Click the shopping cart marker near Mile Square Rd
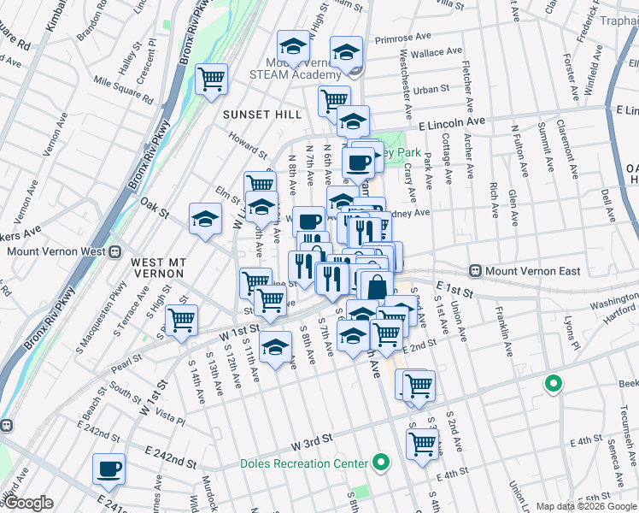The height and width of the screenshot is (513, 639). [x=210, y=80]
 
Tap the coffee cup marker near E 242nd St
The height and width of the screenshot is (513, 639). [x=109, y=469]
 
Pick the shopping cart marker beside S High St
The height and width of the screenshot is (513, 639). [x=181, y=321]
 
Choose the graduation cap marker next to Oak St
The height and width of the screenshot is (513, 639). [x=205, y=220]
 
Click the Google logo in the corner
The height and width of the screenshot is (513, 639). [x=28, y=503]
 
